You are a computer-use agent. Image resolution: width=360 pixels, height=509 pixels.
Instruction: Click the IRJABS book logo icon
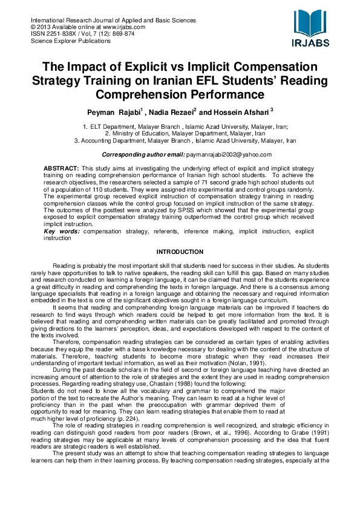[x=312, y=23]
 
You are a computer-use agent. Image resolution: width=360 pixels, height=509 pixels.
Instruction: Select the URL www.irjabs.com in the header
[x=124, y=27]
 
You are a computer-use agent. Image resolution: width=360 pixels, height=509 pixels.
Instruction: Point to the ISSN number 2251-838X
[x=59, y=34]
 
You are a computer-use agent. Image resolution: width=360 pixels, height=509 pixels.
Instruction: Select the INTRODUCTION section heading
[x=180, y=251]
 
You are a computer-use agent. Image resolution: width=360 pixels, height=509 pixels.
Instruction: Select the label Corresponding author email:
[x=140, y=155]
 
